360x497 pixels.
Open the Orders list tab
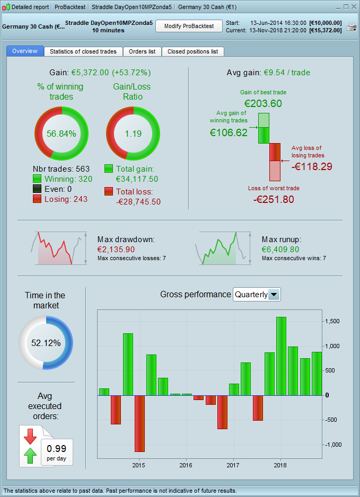point(142,51)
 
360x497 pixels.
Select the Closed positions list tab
point(192,51)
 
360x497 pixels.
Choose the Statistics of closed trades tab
point(84,51)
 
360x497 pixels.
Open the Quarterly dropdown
point(274,295)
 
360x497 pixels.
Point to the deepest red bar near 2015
point(139,423)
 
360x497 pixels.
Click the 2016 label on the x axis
point(186,465)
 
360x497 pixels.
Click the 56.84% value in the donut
point(62,134)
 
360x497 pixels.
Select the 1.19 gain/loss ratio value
point(133,134)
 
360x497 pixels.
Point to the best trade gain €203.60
point(263,103)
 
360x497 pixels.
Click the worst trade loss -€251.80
point(274,199)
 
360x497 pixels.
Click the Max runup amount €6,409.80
point(280,249)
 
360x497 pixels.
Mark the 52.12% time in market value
point(46,343)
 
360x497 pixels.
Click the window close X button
point(353,7)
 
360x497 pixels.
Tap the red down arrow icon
point(30,437)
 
